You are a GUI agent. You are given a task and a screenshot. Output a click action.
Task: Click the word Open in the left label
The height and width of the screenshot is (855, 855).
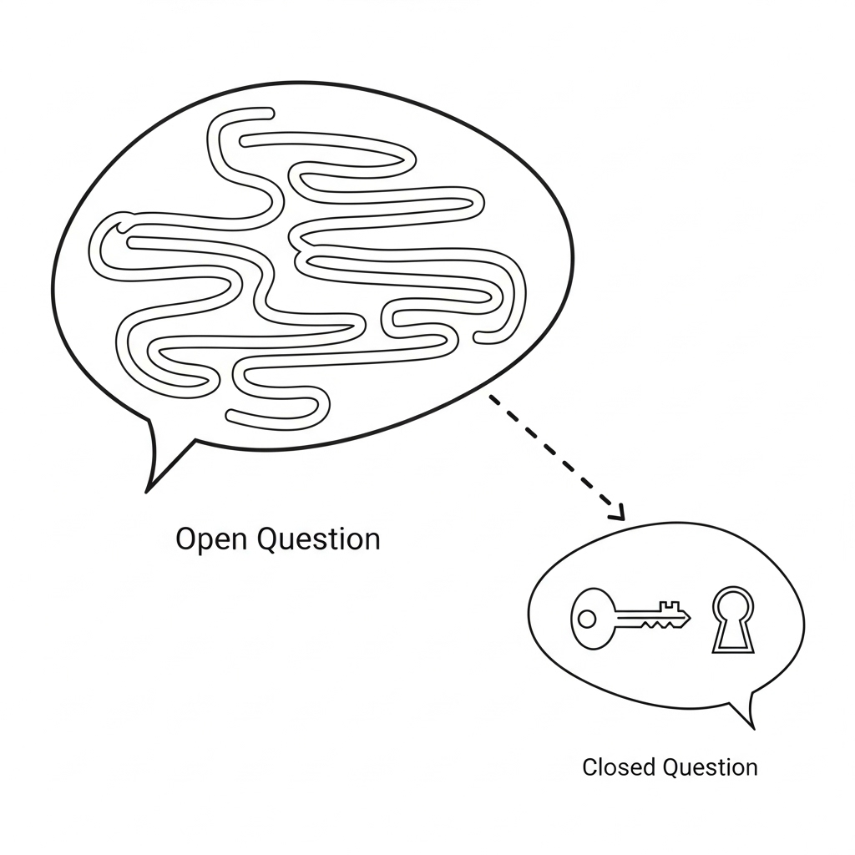point(212,539)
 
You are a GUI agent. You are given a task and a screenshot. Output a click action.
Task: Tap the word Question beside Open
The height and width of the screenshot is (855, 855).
point(318,539)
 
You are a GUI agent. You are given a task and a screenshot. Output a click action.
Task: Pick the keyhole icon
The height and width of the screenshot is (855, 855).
point(732,620)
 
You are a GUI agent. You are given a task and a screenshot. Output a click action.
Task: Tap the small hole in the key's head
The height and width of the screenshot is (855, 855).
point(588,619)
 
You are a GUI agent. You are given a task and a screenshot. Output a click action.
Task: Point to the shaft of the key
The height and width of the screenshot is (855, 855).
point(639,617)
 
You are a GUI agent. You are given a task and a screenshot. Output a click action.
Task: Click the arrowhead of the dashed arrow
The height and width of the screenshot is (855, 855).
point(617,513)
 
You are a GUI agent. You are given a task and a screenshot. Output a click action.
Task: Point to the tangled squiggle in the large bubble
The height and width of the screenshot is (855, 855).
point(309,267)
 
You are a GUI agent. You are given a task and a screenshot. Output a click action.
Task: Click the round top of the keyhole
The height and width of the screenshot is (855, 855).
point(732,604)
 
